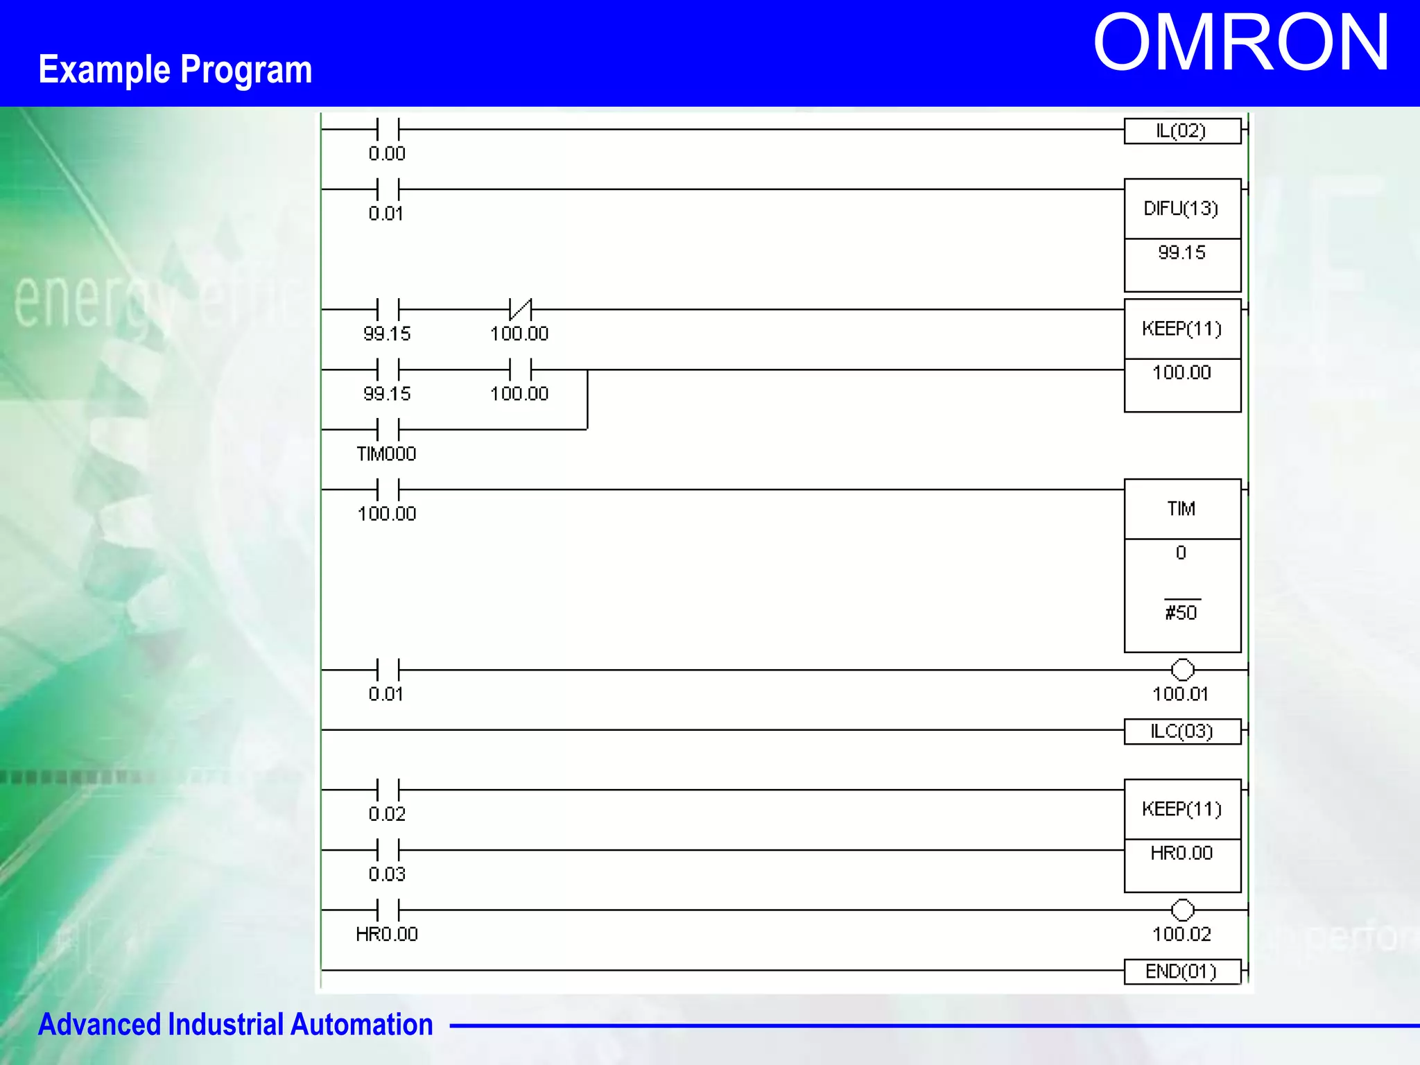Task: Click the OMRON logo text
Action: coord(1240,44)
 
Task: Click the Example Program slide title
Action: coord(175,70)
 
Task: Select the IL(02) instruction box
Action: coord(1181,131)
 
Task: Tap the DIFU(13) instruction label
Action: coord(1181,209)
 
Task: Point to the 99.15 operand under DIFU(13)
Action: coord(1181,252)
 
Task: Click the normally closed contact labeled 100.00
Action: coord(520,309)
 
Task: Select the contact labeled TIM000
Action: coord(388,430)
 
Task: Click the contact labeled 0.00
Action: coord(388,130)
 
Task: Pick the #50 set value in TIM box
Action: coord(1181,613)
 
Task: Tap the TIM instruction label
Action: coord(1181,509)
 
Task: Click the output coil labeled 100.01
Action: coord(1182,670)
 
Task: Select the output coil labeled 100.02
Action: coord(1182,910)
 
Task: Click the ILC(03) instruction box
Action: coord(1181,731)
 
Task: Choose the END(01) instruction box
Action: coord(1181,971)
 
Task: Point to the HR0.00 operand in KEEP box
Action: coord(1181,854)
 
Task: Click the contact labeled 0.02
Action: coord(388,790)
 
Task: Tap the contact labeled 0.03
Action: coord(388,850)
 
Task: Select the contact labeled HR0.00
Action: coord(388,910)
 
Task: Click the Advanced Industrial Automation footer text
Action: coord(235,1025)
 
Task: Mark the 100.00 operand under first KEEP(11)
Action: coord(1181,373)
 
